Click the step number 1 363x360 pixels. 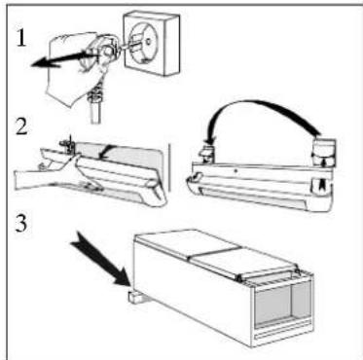coord(20,38)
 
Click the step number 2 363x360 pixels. coord(21,127)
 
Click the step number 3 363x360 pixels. coord(21,224)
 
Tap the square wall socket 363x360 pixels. coord(152,43)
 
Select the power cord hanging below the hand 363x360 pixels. coord(94,107)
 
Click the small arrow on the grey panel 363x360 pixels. coord(105,153)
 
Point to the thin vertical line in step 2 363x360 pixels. coord(169,167)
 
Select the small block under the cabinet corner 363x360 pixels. coord(135,296)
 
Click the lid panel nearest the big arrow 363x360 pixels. coord(187,242)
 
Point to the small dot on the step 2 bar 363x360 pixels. coord(236,170)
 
